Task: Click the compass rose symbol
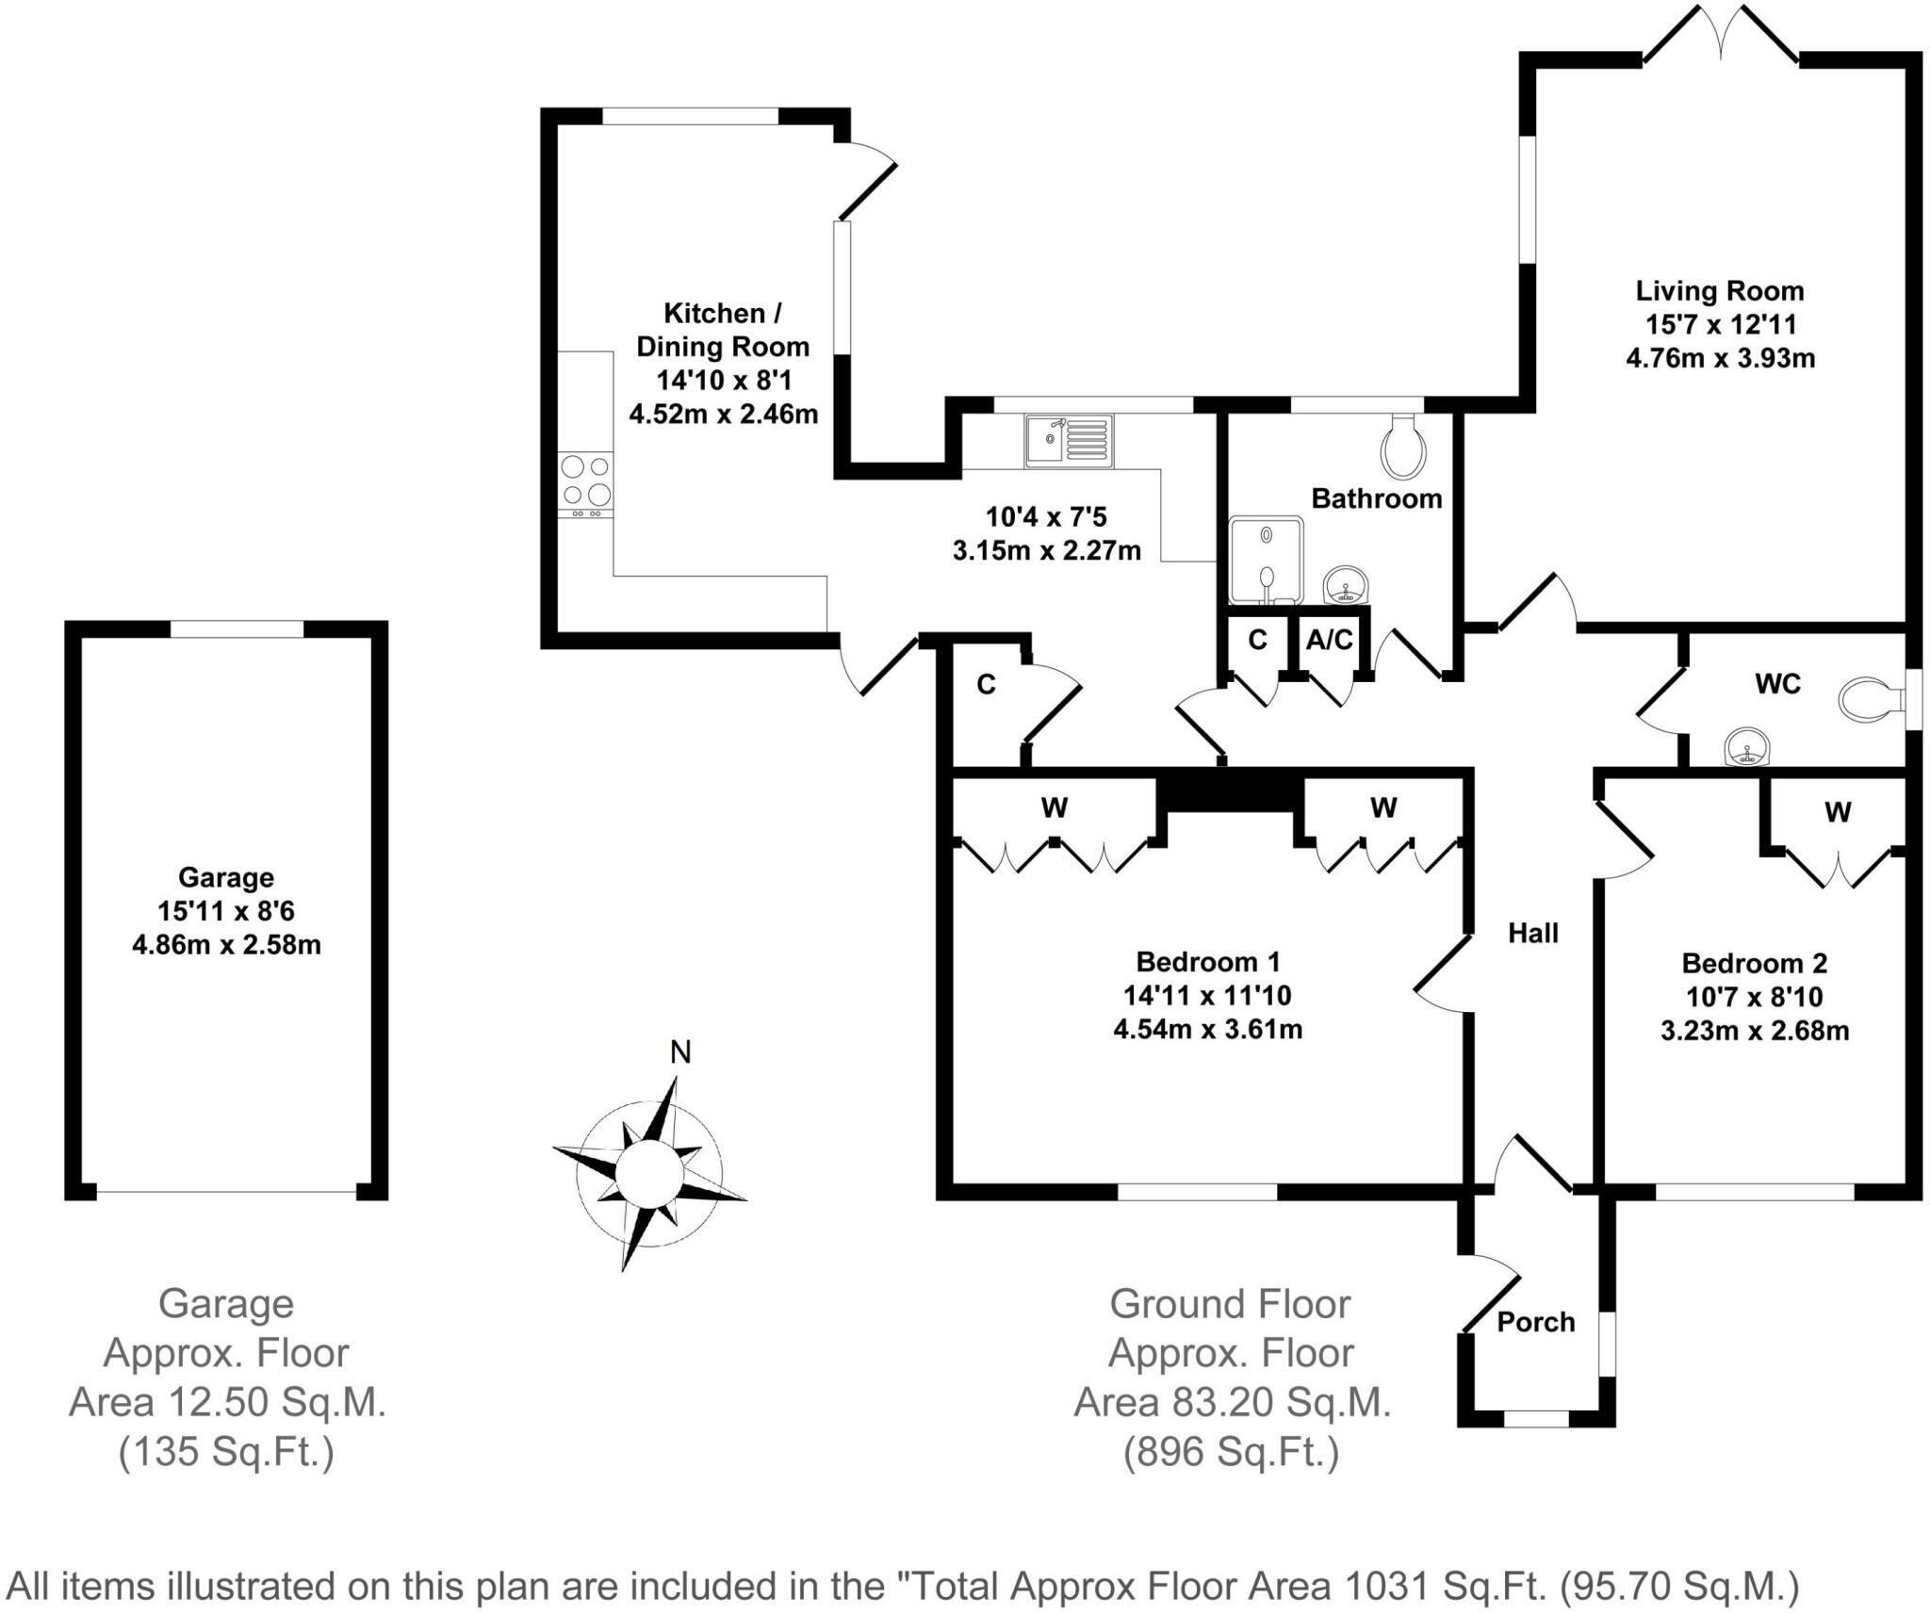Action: (649, 1174)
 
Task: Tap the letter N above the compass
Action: (679, 1052)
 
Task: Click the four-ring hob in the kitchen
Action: (585, 481)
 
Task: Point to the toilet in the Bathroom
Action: (1403, 448)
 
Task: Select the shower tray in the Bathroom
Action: (1268, 560)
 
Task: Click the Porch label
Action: (1535, 1322)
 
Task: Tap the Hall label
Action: (1533, 933)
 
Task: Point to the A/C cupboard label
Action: (1329, 641)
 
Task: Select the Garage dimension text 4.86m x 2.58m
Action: (226, 944)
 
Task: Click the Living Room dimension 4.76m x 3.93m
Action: (1720, 358)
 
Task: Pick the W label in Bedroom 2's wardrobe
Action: (1837, 811)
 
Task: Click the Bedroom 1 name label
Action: (1207, 962)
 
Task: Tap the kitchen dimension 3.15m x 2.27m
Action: (1046, 550)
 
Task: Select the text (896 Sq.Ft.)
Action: (1231, 1452)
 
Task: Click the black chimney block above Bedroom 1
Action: (1230, 791)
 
